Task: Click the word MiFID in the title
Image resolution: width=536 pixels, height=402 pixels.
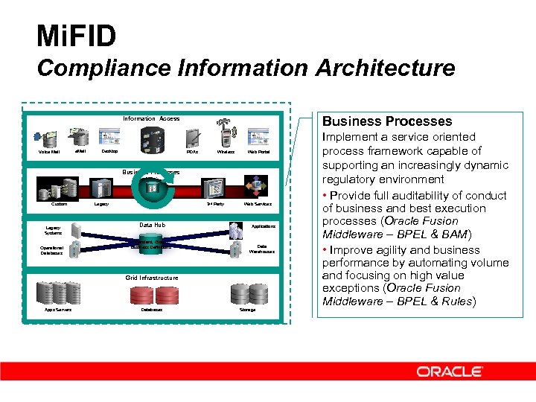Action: tap(76, 36)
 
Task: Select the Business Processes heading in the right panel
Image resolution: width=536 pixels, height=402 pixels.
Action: tap(387, 121)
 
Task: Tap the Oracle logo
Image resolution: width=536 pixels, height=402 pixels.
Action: tap(450, 371)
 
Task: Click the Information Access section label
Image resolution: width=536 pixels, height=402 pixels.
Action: tap(151, 118)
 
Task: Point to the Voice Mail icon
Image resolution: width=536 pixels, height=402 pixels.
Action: tap(50, 138)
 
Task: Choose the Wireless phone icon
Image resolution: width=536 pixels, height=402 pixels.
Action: tap(226, 137)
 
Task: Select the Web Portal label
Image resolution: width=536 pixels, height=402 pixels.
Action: tap(258, 152)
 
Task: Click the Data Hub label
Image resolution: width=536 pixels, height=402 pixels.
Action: tap(152, 225)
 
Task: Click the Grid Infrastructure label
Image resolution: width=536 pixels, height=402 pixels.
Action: tap(151, 278)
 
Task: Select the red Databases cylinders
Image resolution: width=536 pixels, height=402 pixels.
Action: tap(152, 295)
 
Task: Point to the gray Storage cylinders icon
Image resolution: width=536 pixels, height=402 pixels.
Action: tap(247, 293)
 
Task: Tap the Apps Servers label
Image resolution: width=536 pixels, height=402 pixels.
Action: tap(58, 310)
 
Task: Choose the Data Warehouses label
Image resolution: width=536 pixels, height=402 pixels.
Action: tap(261, 249)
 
